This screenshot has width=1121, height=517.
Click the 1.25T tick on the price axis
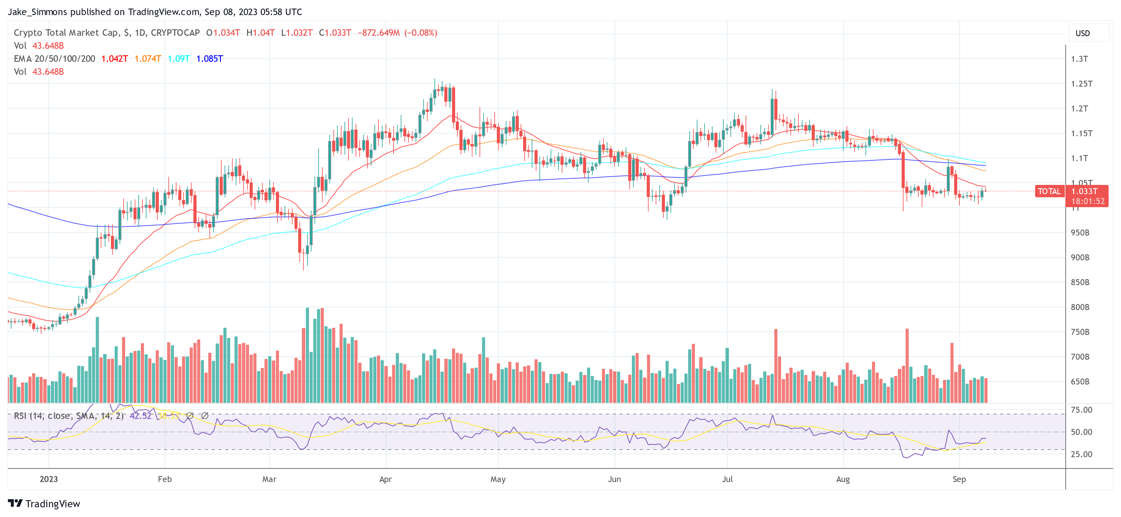(x=1081, y=83)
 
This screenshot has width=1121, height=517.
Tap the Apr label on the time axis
(x=386, y=479)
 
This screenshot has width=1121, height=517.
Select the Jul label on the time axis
(x=727, y=479)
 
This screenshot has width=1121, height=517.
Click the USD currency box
(x=1082, y=33)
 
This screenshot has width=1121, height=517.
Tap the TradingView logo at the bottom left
(x=44, y=503)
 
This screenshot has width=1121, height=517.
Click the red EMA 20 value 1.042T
(x=114, y=59)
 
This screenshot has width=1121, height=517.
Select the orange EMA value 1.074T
(x=147, y=59)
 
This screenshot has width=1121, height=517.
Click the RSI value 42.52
(x=140, y=416)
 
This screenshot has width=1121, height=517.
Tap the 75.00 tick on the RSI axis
(x=1081, y=410)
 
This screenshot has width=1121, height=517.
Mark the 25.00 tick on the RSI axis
(x=1081, y=454)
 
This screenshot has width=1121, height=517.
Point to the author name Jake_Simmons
(x=37, y=12)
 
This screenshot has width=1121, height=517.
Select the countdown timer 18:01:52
(x=1088, y=201)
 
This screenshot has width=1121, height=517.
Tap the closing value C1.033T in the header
(x=335, y=33)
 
